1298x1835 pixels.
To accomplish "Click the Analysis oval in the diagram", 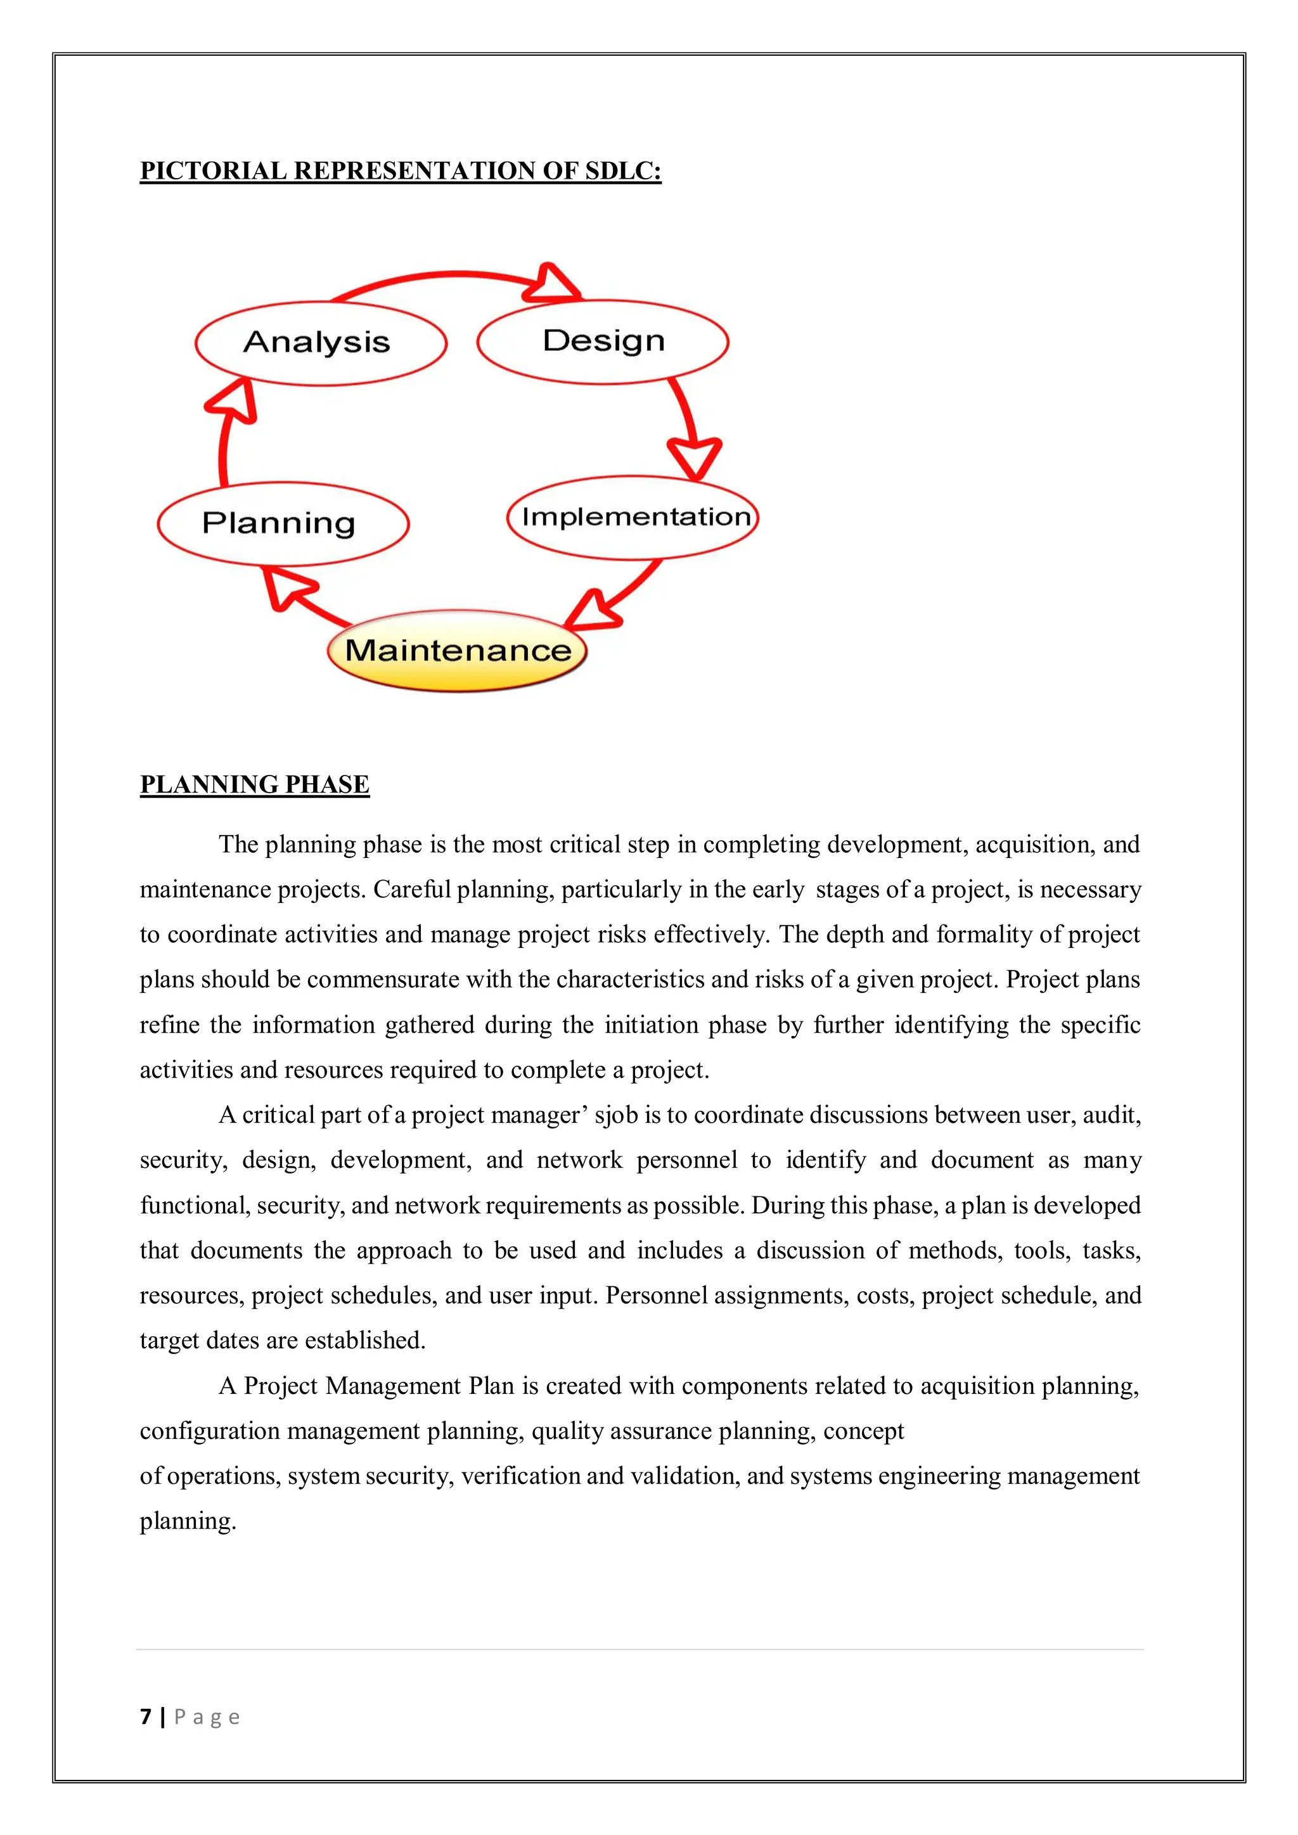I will [319, 343].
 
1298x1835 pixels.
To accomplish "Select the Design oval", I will [603, 342].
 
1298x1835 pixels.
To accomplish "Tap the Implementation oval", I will [633, 517].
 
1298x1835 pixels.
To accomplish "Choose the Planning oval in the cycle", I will [282, 523].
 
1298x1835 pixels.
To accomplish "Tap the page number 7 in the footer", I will [146, 1717].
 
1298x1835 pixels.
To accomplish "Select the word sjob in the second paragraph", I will [615, 1115].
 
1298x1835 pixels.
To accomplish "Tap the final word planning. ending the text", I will [188, 1521].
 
